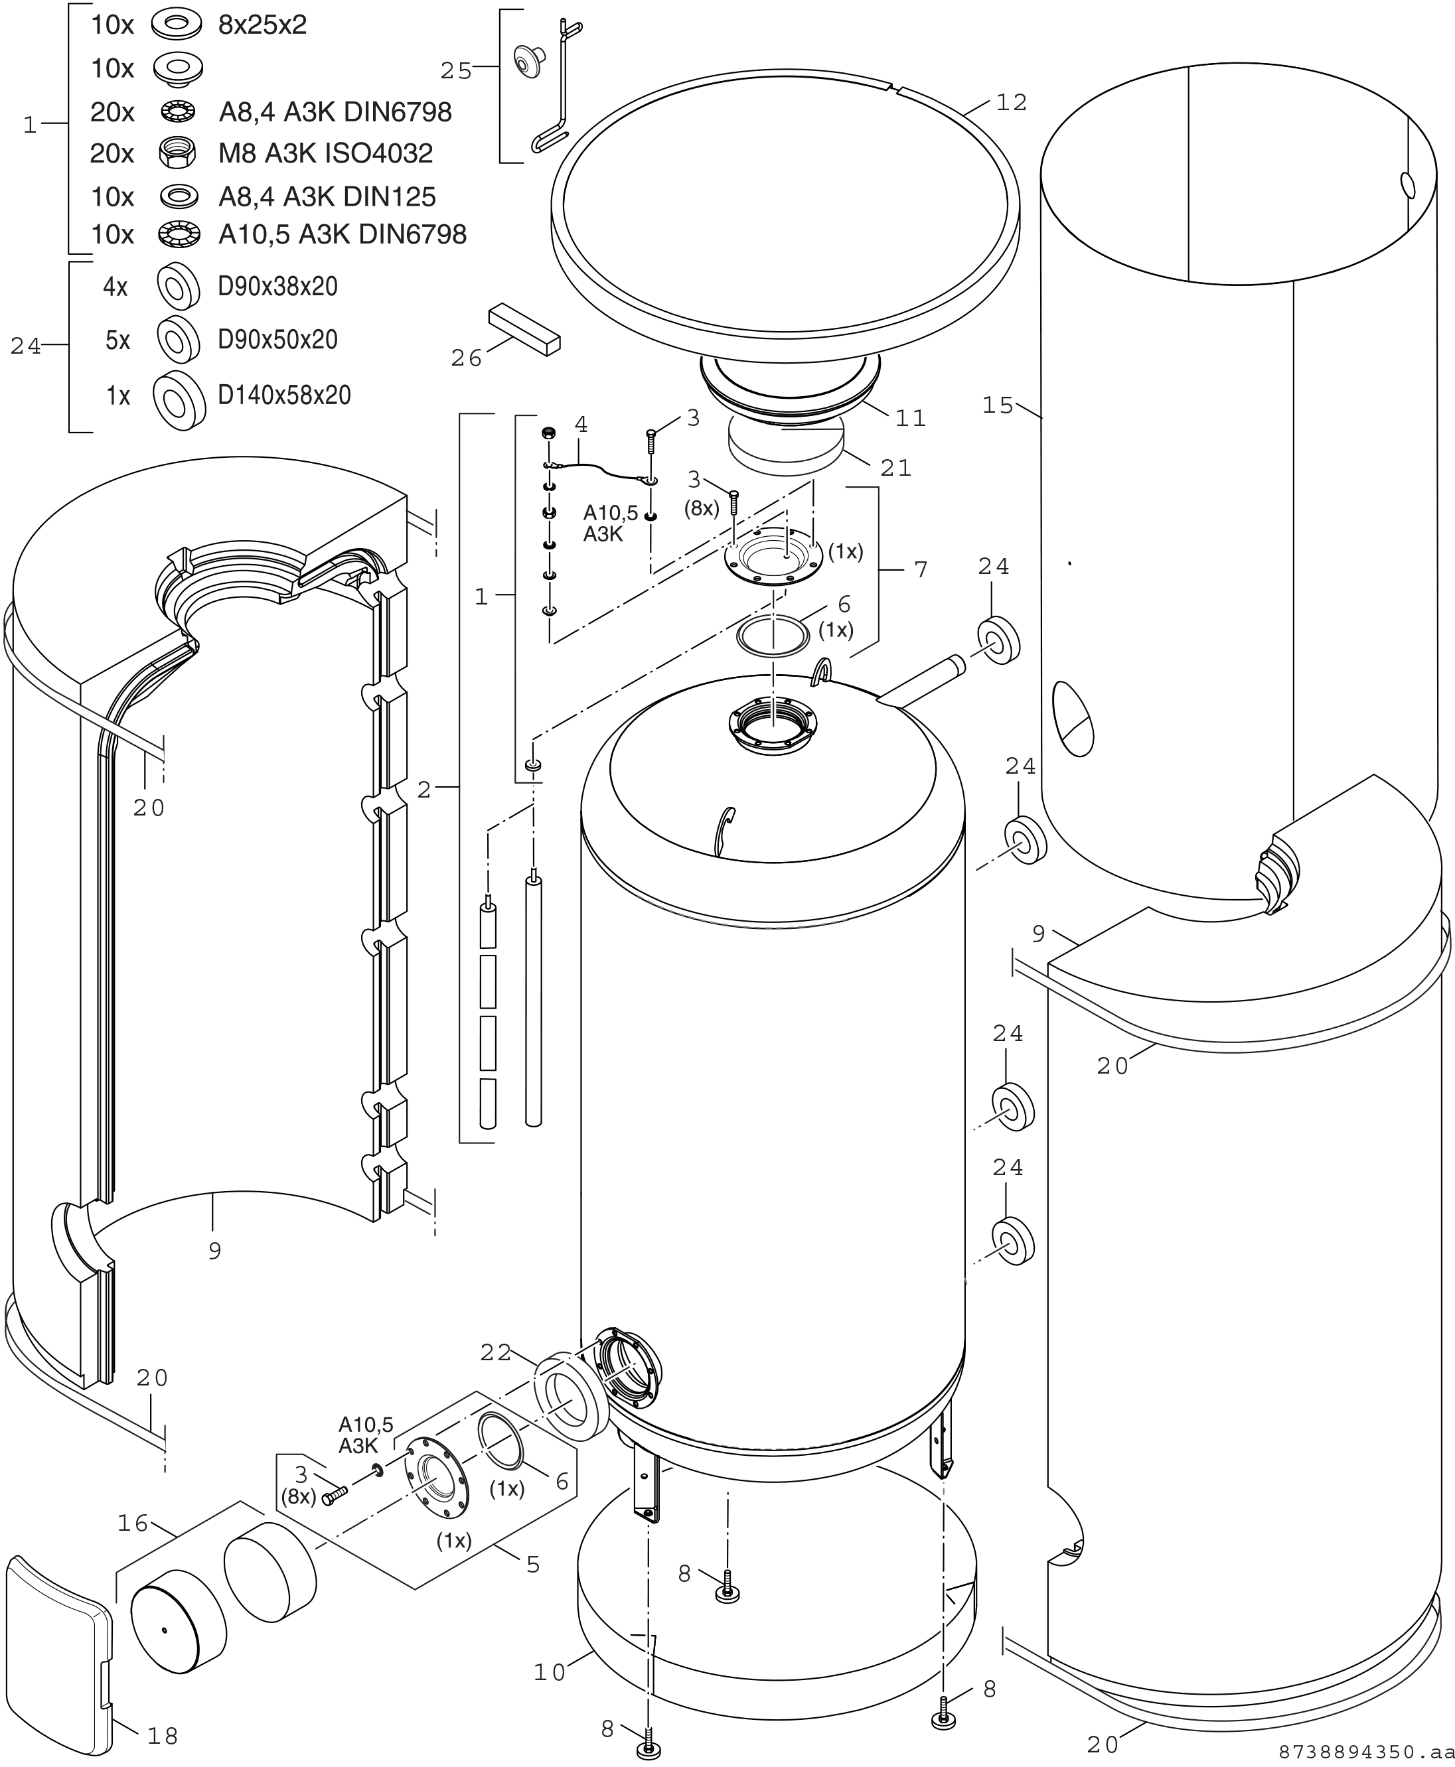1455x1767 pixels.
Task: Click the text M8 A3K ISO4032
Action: pos(326,153)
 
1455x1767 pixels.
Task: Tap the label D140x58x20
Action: pos(284,395)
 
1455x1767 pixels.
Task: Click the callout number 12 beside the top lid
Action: pos(1012,102)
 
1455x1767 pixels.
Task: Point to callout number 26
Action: pos(467,358)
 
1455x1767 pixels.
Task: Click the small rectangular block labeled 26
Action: pos(524,329)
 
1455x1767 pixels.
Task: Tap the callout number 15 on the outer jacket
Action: pos(998,405)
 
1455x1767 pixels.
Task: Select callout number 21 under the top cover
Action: pos(896,468)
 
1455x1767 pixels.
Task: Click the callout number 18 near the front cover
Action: pos(163,1737)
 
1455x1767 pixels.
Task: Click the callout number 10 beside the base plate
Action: pos(550,1672)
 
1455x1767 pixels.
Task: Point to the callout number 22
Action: pos(497,1353)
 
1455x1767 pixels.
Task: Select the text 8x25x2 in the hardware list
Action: pos(262,25)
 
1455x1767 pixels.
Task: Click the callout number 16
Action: pos(133,1523)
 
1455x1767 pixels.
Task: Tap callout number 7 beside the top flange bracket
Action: pos(921,570)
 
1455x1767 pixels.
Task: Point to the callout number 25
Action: pos(456,71)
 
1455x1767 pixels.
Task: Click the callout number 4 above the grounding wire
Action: pos(581,425)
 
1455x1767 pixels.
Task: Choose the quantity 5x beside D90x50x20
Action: pos(117,340)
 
